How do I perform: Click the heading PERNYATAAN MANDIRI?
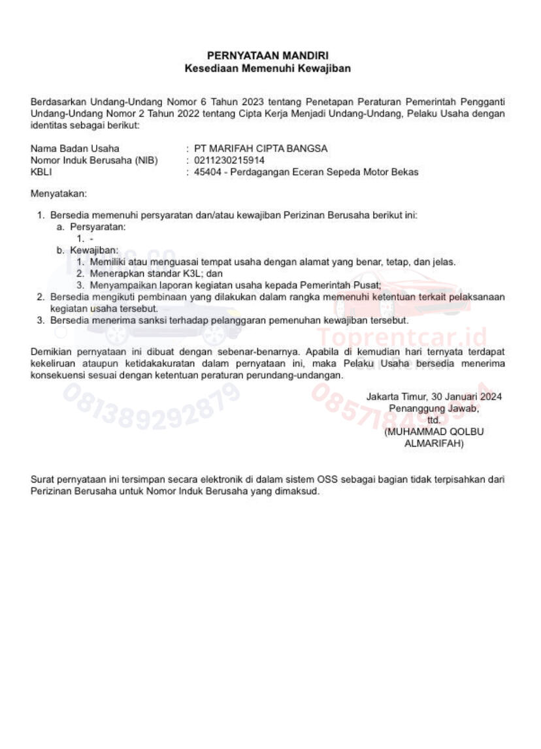point(267,56)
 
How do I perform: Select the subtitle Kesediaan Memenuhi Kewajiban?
point(267,68)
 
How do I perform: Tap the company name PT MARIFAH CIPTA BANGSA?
point(261,148)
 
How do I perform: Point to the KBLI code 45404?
point(207,172)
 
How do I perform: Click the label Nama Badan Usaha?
point(75,148)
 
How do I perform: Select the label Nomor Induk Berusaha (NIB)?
point(94,160)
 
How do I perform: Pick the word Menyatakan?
point(58,194)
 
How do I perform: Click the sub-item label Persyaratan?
point(97,227)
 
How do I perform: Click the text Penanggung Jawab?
point(434,408)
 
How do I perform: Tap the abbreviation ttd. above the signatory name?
point(434,420)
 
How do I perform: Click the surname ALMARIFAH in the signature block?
point(434,443)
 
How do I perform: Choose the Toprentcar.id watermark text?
point(402,338)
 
